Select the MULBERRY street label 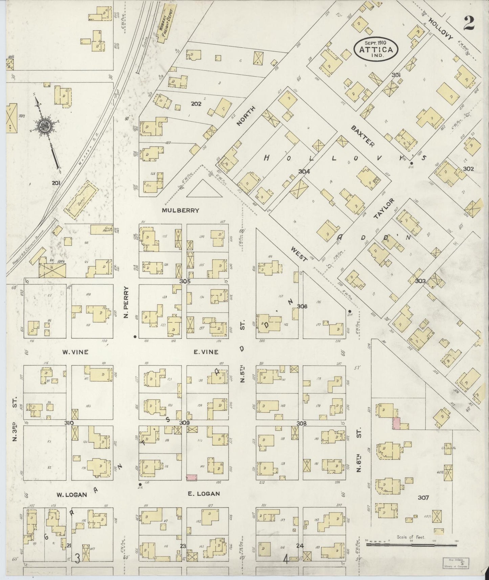[x=180, y=210]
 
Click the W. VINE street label [x=75, y=352]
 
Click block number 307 [x=423, y=497]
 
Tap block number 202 [x=196, y=104]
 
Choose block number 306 [x=302, y=306]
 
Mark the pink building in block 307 [x=396, y=424]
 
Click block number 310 [x=69, y=423]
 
